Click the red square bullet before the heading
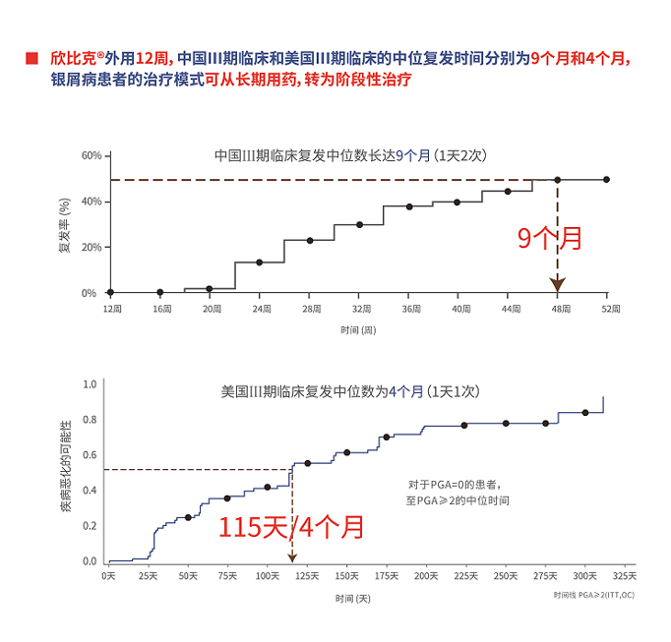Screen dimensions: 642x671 (31, 57)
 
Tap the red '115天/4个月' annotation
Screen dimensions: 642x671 (291, 526)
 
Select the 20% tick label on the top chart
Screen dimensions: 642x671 (91, 247)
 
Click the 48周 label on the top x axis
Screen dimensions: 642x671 (558, 309)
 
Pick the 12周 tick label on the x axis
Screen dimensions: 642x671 (110, 309)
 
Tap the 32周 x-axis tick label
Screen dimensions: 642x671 (359, 309)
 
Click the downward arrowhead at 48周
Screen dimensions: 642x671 (558, 285)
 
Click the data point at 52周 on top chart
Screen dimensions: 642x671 (606, 180)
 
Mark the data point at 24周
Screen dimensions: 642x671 (259, 263)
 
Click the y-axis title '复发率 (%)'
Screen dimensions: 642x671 (64, 224)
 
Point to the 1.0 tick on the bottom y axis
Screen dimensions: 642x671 (91, 384)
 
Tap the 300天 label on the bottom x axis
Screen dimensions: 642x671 (584, 576)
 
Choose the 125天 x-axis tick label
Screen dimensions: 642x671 (307, 576)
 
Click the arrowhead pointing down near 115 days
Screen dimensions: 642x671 (291, 557)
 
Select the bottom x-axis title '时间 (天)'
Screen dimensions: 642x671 (352, 598)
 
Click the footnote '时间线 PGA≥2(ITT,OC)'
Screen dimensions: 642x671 (593, 595)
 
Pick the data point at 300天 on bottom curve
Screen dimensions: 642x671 (585, 413)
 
